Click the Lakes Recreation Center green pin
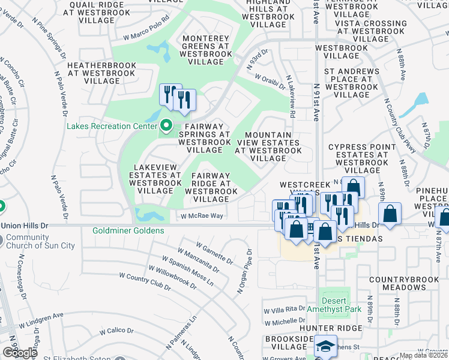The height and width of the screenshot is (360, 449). coord(167,126)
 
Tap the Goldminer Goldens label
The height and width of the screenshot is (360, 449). coord(128,230)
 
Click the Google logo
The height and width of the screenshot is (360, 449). coord(20,352)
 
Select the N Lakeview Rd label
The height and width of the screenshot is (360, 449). coord(291,96)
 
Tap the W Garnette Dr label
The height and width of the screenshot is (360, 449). coord(214,253)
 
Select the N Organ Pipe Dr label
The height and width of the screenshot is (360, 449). coord(243,271)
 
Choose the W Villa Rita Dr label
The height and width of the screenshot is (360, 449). coord(285,310)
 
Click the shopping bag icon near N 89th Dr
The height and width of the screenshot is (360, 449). coord(390,215)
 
